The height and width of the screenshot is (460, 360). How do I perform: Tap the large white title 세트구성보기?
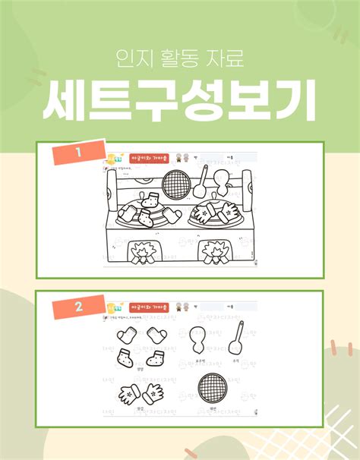coord(180,102)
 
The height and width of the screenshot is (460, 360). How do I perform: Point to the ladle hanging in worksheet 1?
coord(203,182)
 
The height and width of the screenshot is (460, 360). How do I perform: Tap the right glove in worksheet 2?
coord(153,392)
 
